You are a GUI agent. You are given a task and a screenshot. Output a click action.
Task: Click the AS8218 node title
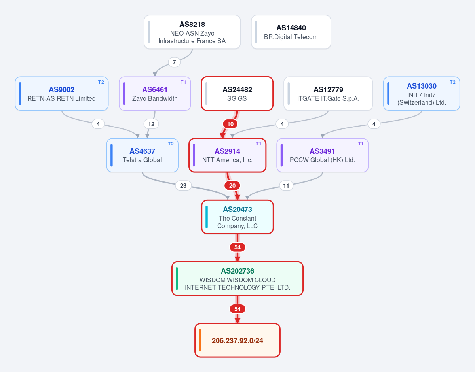pos(192,24)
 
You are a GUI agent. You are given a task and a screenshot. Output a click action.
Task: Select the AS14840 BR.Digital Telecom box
pos(291,32)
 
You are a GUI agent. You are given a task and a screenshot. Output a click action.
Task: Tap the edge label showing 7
pos(174,62)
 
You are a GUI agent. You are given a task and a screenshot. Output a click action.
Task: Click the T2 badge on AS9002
pos(101,82)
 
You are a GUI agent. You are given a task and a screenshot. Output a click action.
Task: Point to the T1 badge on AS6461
pos(183,82)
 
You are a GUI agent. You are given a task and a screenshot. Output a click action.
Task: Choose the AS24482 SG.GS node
pos(237,93)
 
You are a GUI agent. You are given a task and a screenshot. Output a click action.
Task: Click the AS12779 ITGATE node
pos(328,93)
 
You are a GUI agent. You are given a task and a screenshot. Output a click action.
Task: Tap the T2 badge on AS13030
pos(452,82)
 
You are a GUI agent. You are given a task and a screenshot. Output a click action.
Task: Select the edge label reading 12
pos(151,124)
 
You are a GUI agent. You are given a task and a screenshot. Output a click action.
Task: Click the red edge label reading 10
pos(230,124)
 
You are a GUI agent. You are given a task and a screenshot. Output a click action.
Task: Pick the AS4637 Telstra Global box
pos(142,155)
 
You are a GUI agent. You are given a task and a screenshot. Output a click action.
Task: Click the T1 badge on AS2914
pos(258,144)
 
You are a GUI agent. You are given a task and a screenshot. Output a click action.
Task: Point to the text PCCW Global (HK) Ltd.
pos(322,160)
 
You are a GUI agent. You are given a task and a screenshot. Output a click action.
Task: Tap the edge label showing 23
pos(183,186)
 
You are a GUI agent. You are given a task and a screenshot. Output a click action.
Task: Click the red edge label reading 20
pos(232,186)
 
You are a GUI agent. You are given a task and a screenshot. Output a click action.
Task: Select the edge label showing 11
pos(286,186)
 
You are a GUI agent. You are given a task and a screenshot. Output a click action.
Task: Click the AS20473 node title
pos(237,210)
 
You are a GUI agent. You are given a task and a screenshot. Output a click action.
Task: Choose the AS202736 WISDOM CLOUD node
pos(237,279)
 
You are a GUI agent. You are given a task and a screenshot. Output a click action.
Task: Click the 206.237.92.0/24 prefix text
pos(237,340)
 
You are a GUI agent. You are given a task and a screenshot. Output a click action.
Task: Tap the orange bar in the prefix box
pos(200,340)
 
